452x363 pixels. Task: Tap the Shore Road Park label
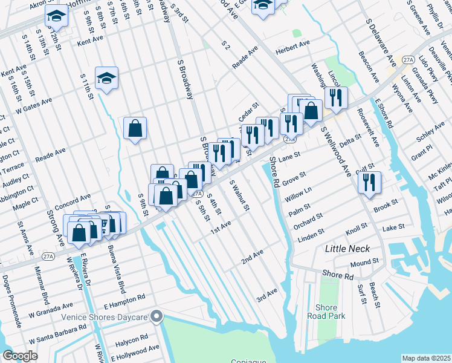tap(326, 312)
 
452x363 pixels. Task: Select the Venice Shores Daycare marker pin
tap(157, 316)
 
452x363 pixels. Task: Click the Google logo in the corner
tap(20, 355)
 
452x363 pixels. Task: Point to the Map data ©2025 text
tap(426, 358)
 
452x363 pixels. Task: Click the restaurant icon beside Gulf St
tap(369, 182)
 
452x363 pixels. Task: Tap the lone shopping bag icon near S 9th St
tap(135, 128)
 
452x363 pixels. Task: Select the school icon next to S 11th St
tap(106, 78)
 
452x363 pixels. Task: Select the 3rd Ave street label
tap(266, 295)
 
